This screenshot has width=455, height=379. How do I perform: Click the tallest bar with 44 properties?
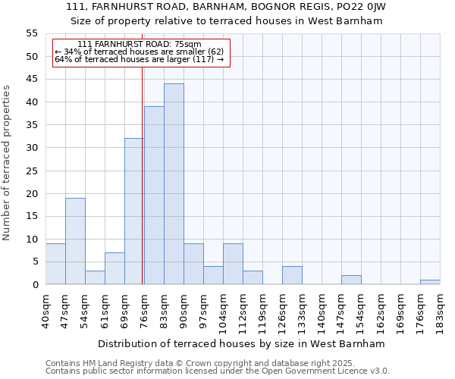coord(174,184)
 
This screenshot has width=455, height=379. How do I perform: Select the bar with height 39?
coord(154,196)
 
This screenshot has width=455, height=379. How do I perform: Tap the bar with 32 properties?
coord(134,211)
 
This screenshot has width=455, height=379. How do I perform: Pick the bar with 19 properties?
coord(75,241)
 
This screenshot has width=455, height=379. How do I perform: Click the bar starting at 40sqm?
coord(55,264)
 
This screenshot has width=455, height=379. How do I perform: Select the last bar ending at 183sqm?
coord(430,282)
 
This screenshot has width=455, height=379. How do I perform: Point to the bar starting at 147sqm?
coord(351,280)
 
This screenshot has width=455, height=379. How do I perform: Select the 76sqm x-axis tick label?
coord(144,308)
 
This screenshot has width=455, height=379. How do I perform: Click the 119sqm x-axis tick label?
coord(262,311)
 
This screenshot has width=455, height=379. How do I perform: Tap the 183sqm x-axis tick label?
coord(440,311)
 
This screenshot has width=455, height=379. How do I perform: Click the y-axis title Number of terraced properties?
coord(8,162)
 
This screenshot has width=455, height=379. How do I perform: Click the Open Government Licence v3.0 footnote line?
coord(218,371)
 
